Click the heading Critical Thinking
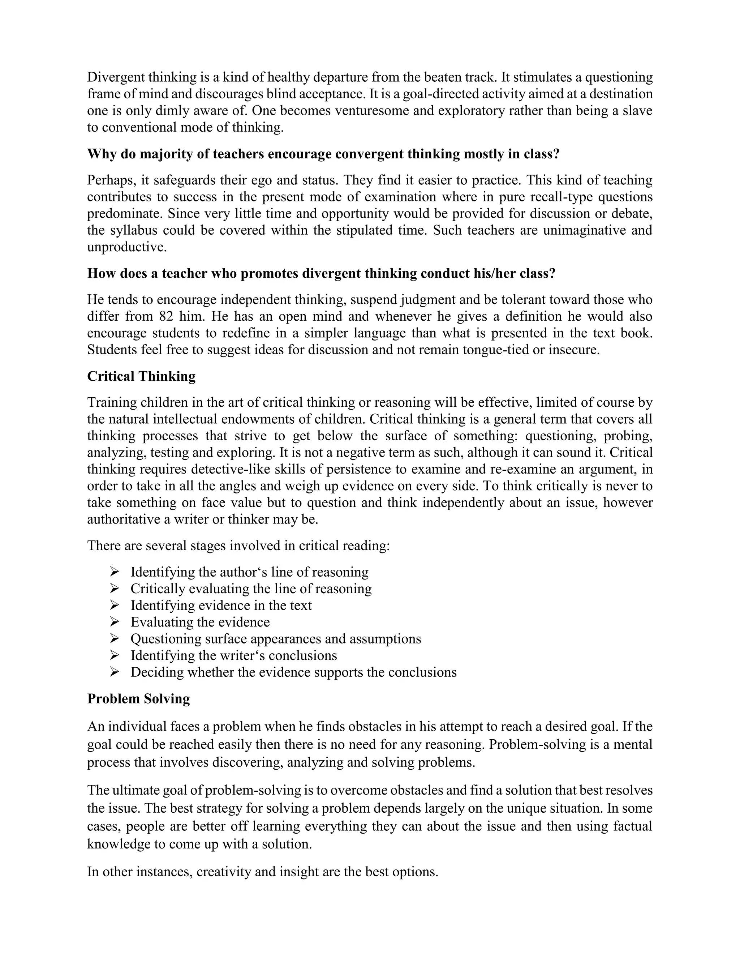click(x=141, y=376)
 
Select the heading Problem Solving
click(x=138, y=699)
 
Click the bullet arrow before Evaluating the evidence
click(x=115, y=622)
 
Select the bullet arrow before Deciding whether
click(x=115, y=672)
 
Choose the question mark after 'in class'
click(x=557, y=154)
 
